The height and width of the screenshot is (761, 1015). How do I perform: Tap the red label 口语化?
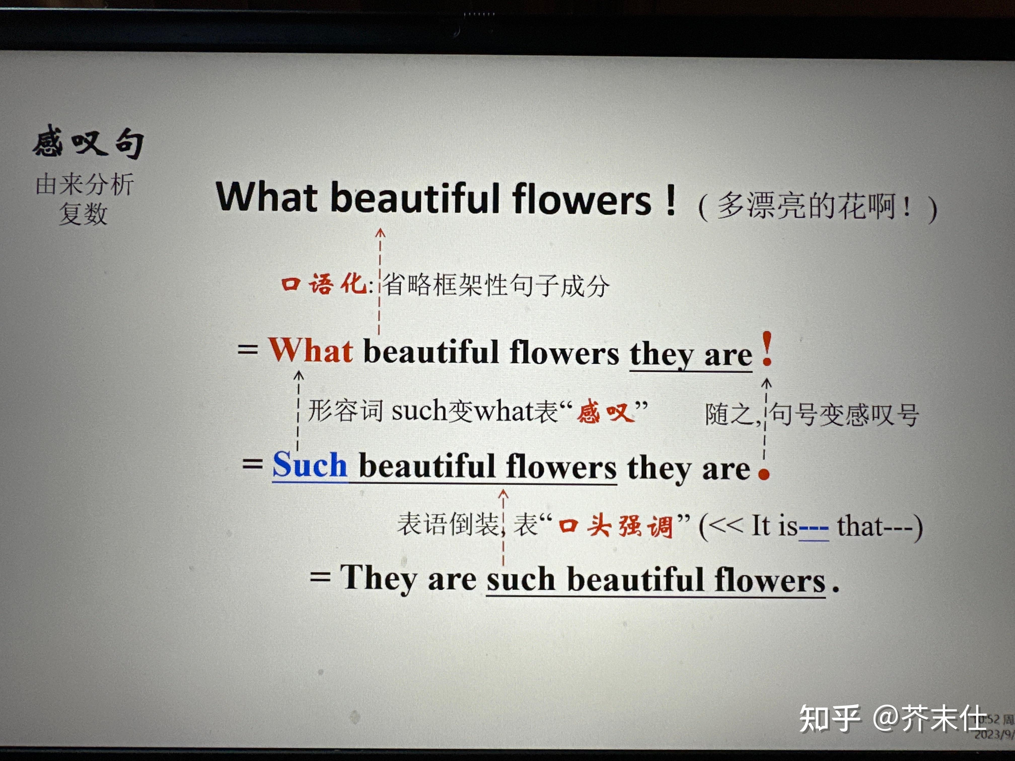324,283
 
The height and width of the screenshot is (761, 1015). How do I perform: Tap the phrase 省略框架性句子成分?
496,285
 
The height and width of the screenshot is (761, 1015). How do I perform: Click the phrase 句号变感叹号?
844,415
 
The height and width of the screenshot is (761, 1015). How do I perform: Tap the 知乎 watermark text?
830,718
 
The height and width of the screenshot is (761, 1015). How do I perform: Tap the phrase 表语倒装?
448,524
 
